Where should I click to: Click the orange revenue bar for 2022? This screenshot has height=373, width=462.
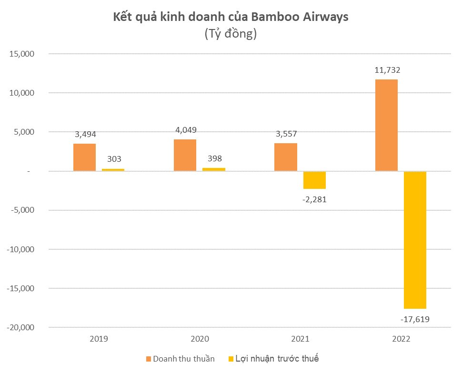(386, 125)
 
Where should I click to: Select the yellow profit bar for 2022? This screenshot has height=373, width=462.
(414, 240)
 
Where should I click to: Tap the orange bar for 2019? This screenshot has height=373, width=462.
(84, 157)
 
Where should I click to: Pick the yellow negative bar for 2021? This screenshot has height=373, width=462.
(314, 180)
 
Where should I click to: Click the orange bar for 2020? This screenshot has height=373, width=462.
(185, 155)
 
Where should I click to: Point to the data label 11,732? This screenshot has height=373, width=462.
(386, 70)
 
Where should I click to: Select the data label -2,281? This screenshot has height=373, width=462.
(314, 199)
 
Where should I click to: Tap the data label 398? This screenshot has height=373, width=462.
(213, 158)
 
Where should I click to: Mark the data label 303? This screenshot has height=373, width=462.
(113, 160)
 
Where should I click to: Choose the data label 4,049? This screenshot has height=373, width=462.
(185, 130)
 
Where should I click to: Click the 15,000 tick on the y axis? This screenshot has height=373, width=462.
(20, 54)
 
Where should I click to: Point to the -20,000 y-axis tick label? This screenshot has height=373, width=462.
(20, 327)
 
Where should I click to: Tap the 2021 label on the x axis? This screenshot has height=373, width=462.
(300, 339)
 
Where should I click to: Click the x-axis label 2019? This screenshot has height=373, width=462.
(99, 339)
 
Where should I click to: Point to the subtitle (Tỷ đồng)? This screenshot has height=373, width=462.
(231, 34)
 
